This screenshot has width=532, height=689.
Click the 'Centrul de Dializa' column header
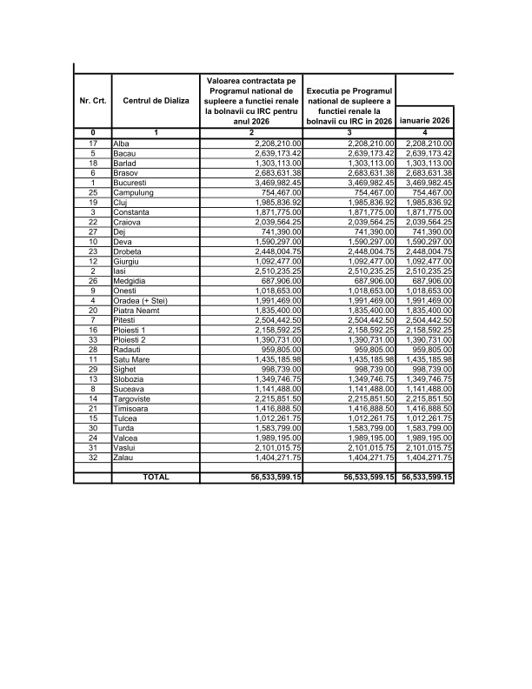pyautogui.click(x=155, y=101)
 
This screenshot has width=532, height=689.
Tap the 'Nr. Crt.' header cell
pyautogui.click(x=93, y=101)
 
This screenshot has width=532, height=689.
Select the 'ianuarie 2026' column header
pyautogui.click(x=425, y=120)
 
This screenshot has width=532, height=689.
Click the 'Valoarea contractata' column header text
pyautogui.click(x=251, y=101)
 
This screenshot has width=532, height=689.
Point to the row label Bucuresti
pyautogui.click(x=133, y=183)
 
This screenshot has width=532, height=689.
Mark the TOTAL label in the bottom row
pyautogui.click(x=155, y=477)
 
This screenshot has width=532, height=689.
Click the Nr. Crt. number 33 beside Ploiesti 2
pyautogui.click(x=93, y=365)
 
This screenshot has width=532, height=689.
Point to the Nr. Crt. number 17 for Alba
pyautogui.click(x=93, y=143)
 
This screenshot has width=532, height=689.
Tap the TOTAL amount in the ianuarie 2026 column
pyautogui.click(x=425, y=477)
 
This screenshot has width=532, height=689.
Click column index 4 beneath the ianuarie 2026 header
pyautogui.click(x=425, y=132)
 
